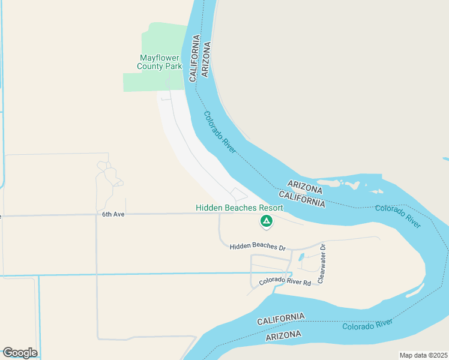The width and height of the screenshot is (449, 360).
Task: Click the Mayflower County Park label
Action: (160, 62)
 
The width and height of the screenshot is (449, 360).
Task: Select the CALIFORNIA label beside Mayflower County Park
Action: (194, 59)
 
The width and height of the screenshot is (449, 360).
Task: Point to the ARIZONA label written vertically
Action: (206, 59)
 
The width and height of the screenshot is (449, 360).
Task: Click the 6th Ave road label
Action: (113, 214)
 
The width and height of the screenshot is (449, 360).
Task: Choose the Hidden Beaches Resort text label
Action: (239, 208)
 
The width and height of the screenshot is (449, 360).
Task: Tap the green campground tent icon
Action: (266, 222)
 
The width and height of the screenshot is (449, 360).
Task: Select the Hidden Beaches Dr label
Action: (256, 247)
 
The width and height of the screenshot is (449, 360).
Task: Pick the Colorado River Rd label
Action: (285, 281)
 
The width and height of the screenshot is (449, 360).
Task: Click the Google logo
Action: (20, 353)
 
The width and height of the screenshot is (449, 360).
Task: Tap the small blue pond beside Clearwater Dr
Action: (301, 258)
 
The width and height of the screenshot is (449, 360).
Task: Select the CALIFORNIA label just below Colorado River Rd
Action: (281, 319)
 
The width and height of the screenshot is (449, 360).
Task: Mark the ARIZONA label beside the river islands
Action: (304, 187)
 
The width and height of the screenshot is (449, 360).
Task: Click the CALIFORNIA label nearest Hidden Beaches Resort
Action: (303, 200)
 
